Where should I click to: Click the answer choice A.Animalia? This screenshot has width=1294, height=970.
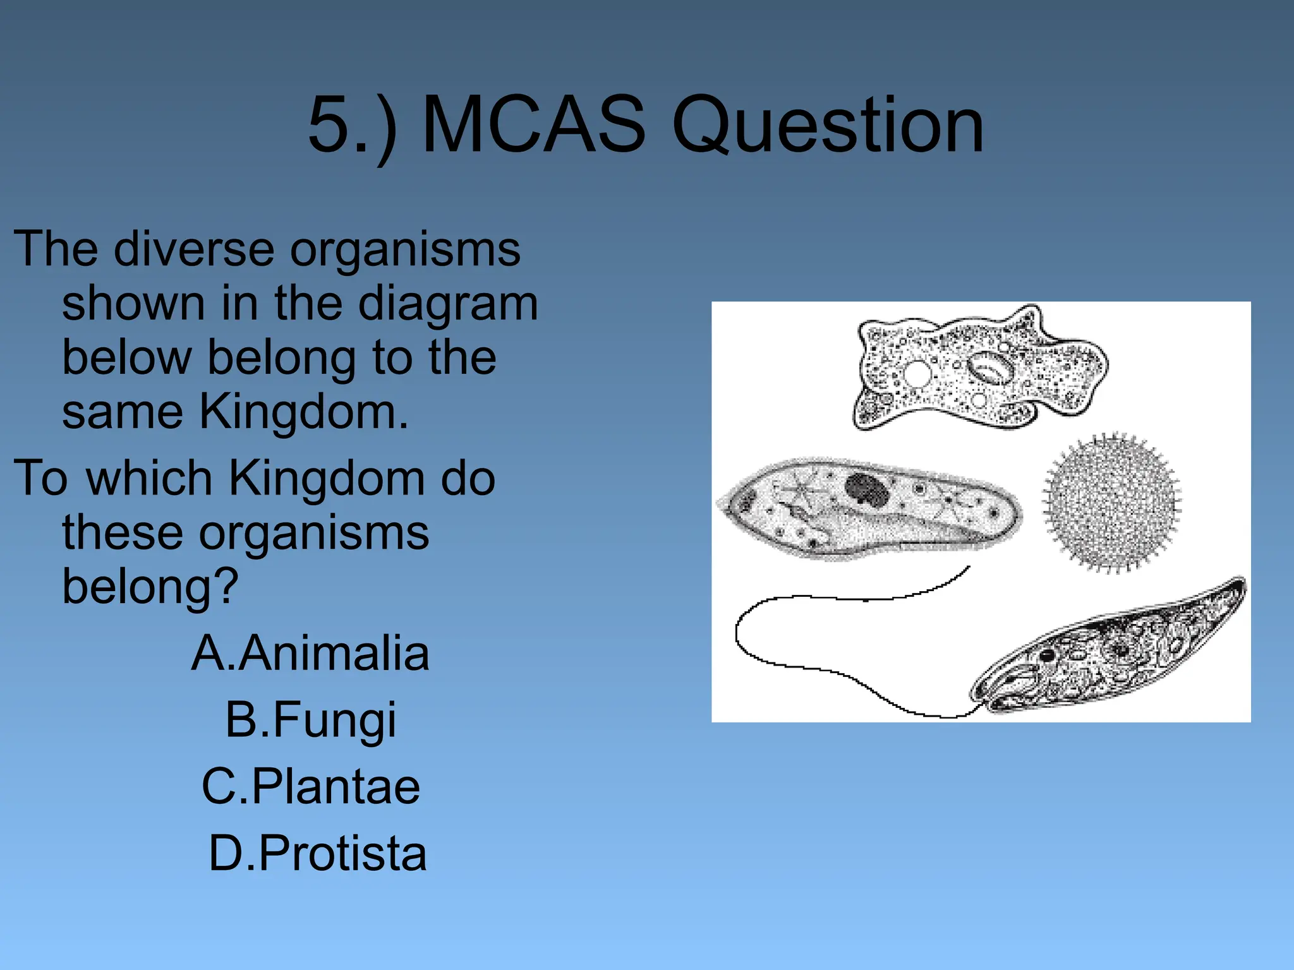[x=310, y=653]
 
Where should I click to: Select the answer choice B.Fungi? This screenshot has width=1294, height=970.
[x=310, y=719]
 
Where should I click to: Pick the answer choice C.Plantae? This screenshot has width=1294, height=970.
[x=310, y=786]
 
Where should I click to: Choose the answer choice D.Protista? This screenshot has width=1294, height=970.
[x=318, y=853]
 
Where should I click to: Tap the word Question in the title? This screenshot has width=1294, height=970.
[x=828, y=125]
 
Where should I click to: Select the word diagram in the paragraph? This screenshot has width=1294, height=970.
[x=448, y=304]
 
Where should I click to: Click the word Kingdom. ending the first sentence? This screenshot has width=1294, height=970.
[x=304, y=412]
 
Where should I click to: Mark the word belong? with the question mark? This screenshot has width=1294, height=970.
[x=150, y=587]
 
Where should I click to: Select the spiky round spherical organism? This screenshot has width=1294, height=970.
[x=1112, y=503]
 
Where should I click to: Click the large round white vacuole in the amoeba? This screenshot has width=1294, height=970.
[x=916, y=373]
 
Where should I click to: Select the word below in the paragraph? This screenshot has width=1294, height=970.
[x=126, y=358]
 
